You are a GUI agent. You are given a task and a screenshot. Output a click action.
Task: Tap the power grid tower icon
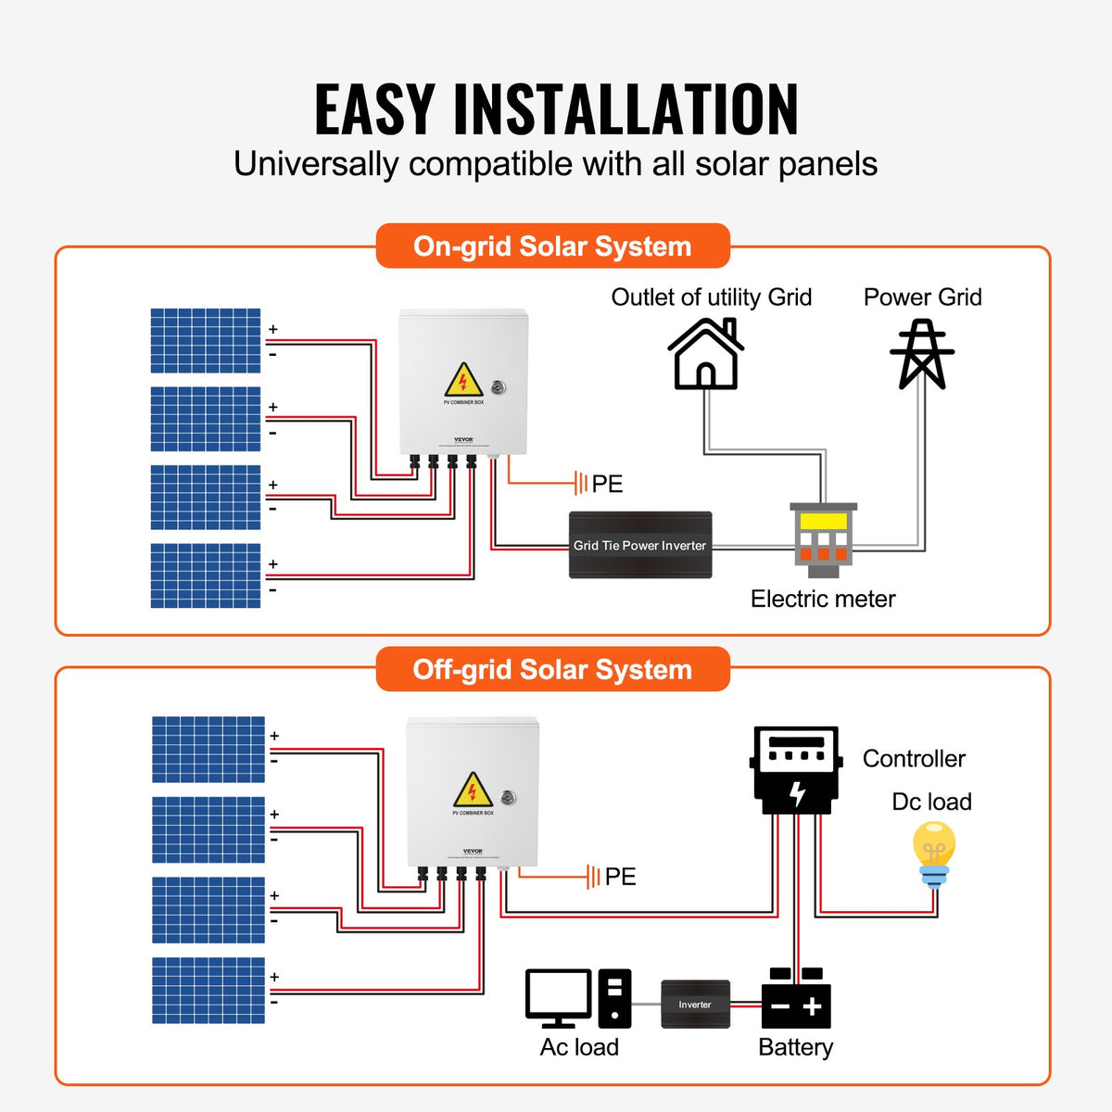pos(922,354)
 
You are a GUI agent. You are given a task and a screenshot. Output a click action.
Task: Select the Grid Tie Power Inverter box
pos(639,545)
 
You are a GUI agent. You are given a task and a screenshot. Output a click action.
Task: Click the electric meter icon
pos(823,539)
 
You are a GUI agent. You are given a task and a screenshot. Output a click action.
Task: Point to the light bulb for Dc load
pos(933,853)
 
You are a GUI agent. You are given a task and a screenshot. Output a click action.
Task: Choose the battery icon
pos(796,1001)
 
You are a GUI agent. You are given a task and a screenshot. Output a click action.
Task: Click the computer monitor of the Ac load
pos(558,997)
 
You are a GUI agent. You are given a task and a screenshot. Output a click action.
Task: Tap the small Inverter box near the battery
pos(695,1005)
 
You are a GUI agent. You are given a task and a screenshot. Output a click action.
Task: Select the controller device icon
pos(796,770)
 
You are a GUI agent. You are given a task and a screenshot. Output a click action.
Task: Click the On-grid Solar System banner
pos(552,246)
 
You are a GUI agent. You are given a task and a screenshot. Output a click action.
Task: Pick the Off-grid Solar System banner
pos(552,669)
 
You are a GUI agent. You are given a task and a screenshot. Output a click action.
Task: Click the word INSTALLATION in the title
pos(625,110)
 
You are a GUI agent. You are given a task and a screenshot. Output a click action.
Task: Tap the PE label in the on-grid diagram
pos(607,484)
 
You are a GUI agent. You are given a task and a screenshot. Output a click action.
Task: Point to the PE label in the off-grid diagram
pos(620,877)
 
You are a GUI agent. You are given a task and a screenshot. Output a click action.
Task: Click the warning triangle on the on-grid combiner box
pos(463,380)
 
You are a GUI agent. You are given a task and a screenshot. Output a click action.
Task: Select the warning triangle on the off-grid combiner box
pos(473,790)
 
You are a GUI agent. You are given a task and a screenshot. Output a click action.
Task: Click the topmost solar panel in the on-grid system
pos(206,340)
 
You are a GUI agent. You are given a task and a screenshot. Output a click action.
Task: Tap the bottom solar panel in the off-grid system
pos(208,990)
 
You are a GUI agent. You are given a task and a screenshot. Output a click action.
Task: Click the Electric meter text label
pos(823,599)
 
